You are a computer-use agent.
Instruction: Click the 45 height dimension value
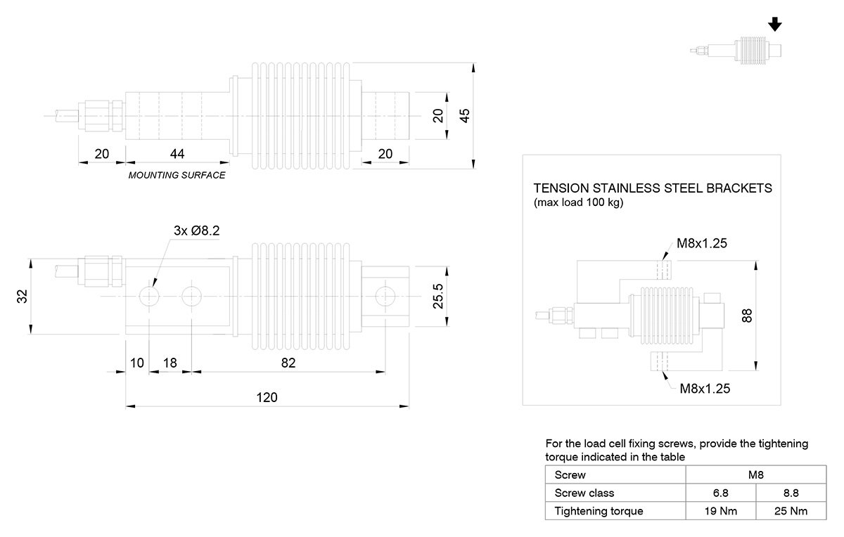464,117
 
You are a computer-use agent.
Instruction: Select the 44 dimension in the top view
177,154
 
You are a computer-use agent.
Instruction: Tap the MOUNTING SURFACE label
177,175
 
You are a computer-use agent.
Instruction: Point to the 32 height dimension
23,297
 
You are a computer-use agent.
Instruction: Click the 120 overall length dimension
267,397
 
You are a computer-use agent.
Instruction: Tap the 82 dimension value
288,363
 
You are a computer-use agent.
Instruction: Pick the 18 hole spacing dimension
170,363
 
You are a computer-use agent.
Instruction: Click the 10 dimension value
137,363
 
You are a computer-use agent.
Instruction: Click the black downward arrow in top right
775,25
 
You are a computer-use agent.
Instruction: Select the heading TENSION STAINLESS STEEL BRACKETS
653,188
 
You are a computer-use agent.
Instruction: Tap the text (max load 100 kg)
578,203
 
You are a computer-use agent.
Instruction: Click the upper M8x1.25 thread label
701,243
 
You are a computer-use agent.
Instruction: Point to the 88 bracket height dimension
748,316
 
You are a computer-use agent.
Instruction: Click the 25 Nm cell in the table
791,511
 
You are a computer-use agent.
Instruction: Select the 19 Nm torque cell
720,511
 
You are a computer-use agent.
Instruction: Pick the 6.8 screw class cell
720,493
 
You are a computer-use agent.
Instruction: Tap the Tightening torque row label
599,511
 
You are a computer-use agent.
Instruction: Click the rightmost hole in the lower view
384,297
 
